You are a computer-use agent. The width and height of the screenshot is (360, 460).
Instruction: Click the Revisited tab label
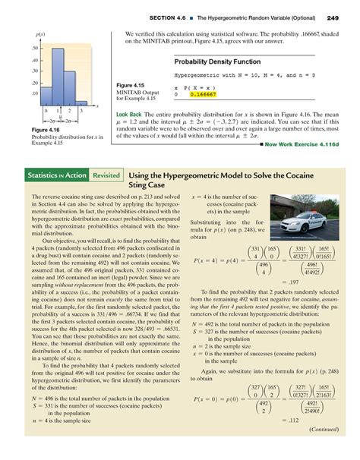point(105,175)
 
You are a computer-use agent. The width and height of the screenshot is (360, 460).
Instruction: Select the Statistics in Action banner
point(58,175)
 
